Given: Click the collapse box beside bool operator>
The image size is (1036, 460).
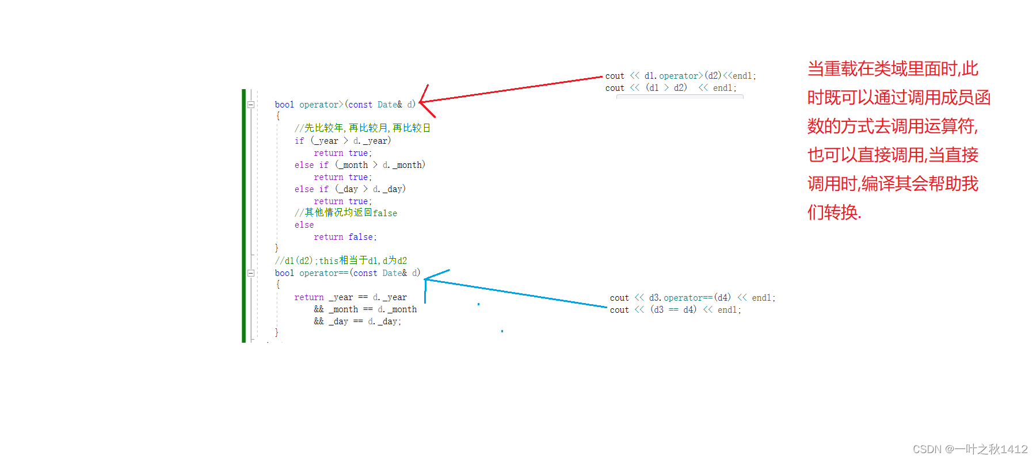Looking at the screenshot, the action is tap(251, 105).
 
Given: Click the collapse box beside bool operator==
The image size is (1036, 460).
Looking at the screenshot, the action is tap(251, 273).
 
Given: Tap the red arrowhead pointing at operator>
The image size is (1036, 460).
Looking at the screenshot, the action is tap(422, 102).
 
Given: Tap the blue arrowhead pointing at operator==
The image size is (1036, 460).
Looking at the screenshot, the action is tap(427, 279).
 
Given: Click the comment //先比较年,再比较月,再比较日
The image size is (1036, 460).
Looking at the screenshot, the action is tap(363, 128).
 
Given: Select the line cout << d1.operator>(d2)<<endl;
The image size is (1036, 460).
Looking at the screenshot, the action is tap(680, 76).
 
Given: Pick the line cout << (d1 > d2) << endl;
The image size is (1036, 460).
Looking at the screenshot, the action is tap(671, 88).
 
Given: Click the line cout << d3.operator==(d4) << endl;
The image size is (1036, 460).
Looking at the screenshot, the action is tap(692, 298).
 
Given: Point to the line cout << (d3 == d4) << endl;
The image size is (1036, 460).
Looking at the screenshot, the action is tap(675, 310).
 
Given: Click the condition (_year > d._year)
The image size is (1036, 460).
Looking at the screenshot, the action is tap(351, 141).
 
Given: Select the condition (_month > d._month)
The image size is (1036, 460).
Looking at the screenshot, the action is tap(380, 165).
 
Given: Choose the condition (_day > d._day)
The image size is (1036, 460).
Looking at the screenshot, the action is tap(371, 189).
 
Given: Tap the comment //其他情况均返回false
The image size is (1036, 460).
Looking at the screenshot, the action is tap(346, 213).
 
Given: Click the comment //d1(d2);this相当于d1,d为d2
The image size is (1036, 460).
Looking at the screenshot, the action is tap(341, 260).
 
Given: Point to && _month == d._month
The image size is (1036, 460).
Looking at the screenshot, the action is tap(365, 309).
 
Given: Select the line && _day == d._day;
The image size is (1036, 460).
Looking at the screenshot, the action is tap(357, 321).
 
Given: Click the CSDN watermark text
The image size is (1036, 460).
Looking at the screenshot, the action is tap(970, 449).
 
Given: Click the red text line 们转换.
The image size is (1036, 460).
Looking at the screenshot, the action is tap(834, 212).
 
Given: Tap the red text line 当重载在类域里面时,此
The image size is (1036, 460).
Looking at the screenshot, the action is tap(893, 69).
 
